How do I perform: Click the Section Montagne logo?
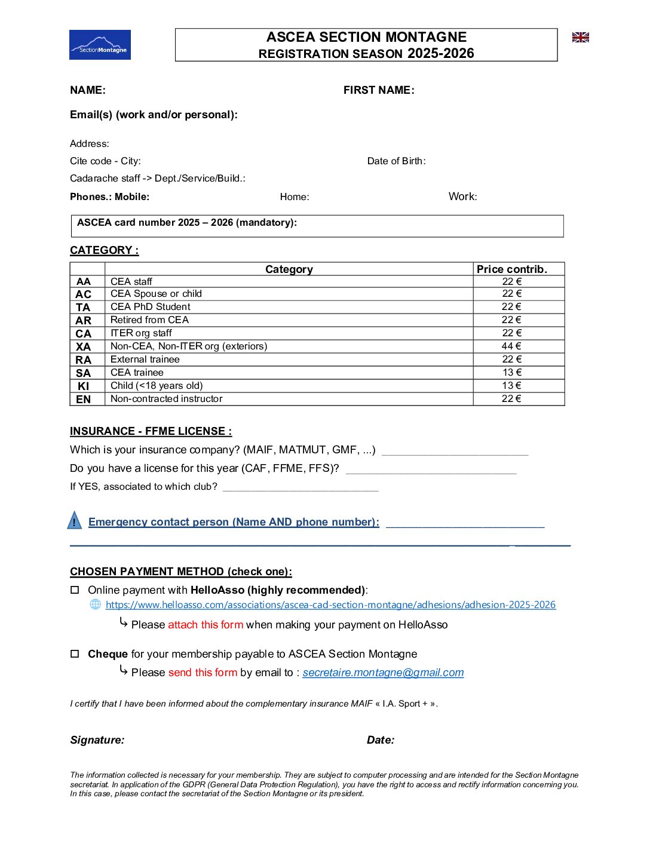100,45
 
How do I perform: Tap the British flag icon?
580,38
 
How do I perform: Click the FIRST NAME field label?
379,90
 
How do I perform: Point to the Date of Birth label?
396,161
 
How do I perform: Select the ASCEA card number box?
317,226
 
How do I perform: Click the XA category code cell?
84,346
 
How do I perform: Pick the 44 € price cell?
511,346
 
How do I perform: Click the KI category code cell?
84,386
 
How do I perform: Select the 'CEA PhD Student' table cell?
151,307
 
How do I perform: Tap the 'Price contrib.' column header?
512,269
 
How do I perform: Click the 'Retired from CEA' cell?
149,320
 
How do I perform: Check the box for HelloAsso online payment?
75,590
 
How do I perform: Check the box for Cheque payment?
75,654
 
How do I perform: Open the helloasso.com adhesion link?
330,605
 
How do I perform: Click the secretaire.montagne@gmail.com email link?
383,673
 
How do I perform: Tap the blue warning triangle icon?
74,521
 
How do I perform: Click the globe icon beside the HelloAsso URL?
95,604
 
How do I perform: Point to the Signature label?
97,740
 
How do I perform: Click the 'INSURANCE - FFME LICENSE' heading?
151,431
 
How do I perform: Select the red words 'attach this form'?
206,625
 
